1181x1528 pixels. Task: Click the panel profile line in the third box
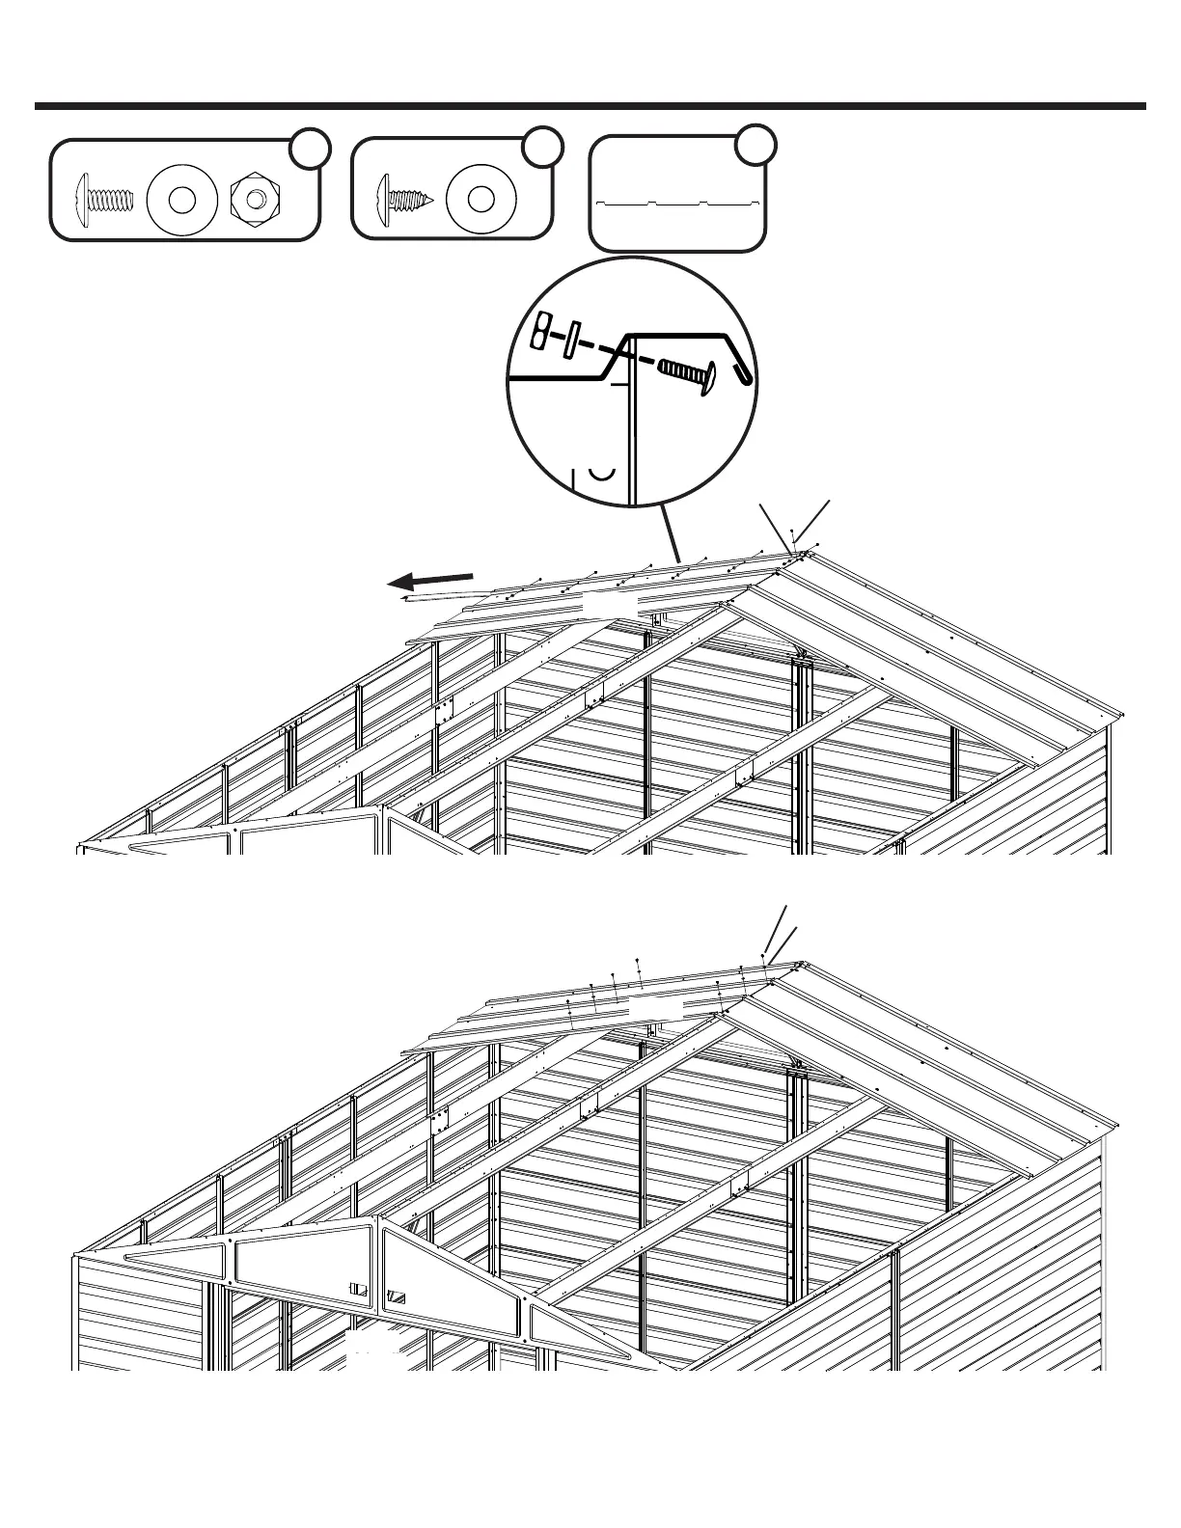[x=679, y=204]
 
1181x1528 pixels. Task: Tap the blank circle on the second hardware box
[x=542, y=146]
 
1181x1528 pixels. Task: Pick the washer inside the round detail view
[x=571, y=340]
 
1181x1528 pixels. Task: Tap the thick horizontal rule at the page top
[x=590, y=106]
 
